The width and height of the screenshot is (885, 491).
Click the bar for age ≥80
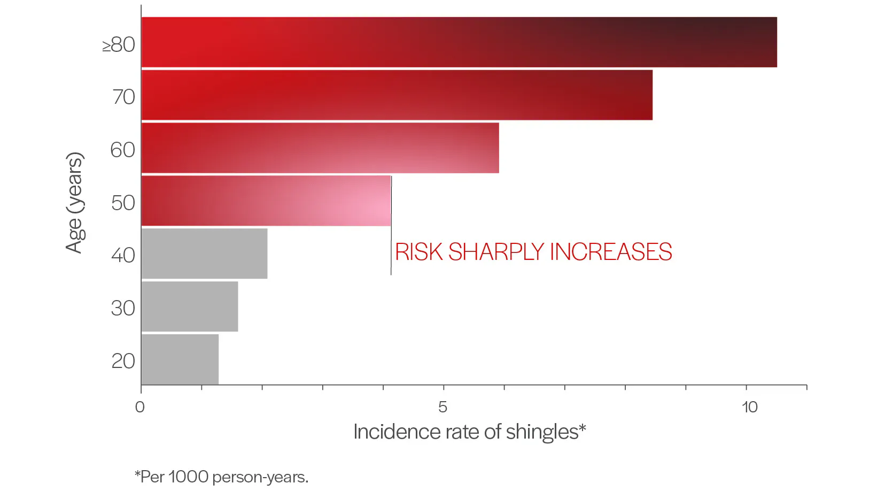point(459,42)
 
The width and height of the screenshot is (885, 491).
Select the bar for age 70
point(397,95)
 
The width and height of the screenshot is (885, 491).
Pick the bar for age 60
point(320,148)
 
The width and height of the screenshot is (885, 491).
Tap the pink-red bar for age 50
point(266,201)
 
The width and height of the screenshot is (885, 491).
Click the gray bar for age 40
point(204,254)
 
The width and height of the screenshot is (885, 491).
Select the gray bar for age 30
point(190,306)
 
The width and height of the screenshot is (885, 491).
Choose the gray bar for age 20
point(180,359)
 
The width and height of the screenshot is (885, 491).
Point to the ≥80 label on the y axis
point(119,44)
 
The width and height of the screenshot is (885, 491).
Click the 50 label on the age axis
point(123,203)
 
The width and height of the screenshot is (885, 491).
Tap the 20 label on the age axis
point(123,361)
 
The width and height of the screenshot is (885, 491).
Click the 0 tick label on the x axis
point(140,407)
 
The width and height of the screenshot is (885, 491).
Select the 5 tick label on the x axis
point(443,407)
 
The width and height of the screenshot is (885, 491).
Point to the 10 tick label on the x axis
point(749,407)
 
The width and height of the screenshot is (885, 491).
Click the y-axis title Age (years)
point(75,202)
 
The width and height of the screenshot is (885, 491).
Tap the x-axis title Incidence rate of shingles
point(469,432)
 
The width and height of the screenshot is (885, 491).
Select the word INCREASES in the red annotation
point(610,252)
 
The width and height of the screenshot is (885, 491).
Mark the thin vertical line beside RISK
point(391,251)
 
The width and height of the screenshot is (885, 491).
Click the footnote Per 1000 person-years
point(221,477)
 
